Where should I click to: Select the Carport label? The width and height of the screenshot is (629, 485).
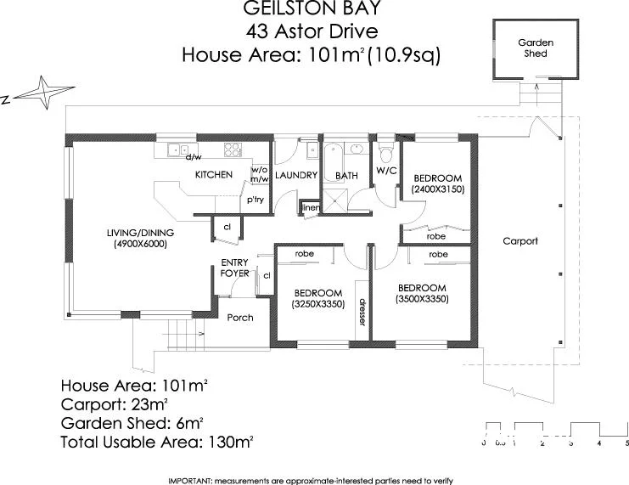tap(519, 241)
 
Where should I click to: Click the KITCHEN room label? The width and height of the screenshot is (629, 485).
tap(213, 175)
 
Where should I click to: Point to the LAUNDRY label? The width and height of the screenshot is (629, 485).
tap(295, 176)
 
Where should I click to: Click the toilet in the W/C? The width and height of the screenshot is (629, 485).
tap(387, 154)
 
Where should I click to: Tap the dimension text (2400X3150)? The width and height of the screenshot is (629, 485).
tap(437, 190)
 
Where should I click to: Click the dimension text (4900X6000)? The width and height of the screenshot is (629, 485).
tap(139, 245)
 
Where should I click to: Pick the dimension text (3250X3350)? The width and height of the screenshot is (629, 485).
tap(317, 303)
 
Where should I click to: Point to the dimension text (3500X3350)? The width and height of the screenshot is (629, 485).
tap(422, 299)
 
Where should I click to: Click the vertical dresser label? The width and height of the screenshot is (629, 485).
tap(361, 312)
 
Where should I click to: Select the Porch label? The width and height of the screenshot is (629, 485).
tap(239, 318)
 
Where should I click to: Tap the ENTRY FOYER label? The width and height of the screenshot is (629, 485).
tap(234, 268)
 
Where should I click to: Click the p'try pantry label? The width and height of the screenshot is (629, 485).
tap(254, 200)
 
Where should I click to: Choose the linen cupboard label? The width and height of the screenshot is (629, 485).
tap(311, 208)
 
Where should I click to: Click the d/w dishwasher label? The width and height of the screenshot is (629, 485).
tap(193, 157)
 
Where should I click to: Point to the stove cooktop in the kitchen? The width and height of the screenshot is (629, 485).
tap(233, 149)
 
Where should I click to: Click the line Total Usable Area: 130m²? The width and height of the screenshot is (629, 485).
tap(157, 442)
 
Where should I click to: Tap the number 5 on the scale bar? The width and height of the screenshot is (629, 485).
tap(626, 443)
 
